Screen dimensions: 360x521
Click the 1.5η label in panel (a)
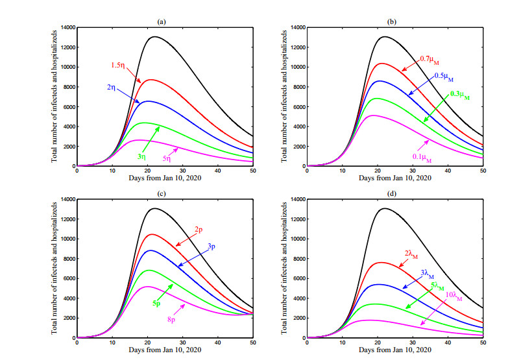(119, 65)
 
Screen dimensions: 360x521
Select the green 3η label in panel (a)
(142, 156)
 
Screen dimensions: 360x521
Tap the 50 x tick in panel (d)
(483, 343)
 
